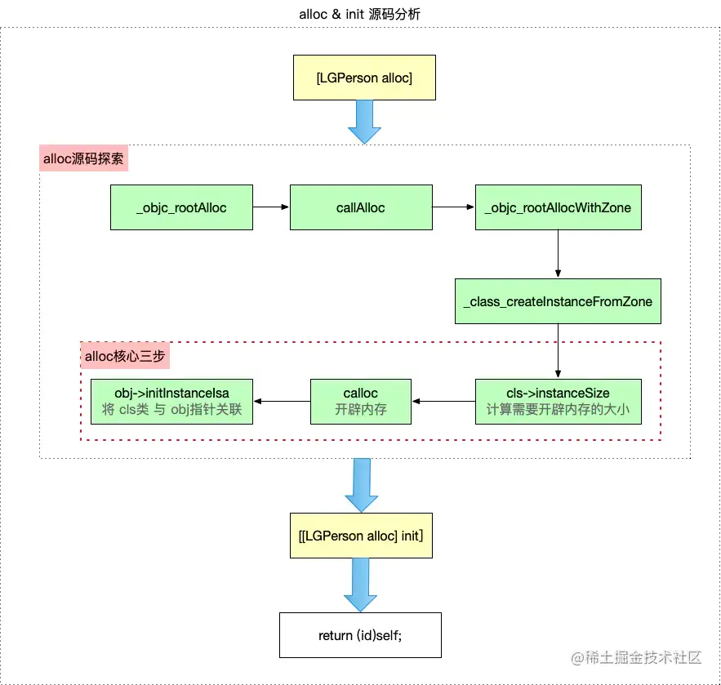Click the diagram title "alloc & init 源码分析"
tap(360, 14)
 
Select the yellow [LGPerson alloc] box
tap(364, 78)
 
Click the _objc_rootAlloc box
tap(181, 207)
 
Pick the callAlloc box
tap(360, 207)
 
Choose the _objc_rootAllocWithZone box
tap(558, 207)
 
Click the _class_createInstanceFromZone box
tap(558, 301)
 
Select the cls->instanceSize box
tap(558, 401)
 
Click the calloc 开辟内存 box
tap(360, 401)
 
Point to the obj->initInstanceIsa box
tap(171, 401)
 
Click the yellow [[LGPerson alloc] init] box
tap(361, 536)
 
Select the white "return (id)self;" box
tap(360, 634)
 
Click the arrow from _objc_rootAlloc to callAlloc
tap(271, 207)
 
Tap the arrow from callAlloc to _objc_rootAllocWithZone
tap(453, 207)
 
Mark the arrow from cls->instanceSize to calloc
tap(443, 401)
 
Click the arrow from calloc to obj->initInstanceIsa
tap(282, 401)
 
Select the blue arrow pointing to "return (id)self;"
tap(360, 585)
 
